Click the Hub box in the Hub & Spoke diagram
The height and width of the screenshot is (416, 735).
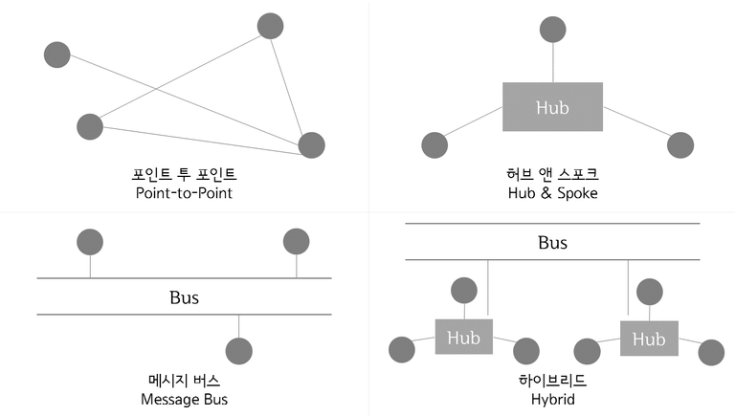[x=552, y=107]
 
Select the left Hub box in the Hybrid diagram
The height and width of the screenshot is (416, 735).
[x=464, y=337]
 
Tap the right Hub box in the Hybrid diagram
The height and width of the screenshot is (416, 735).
[x=649, y=339]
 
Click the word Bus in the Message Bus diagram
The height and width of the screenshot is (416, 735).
[x=184, y=297]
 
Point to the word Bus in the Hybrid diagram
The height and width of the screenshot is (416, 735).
[x=552, y=243]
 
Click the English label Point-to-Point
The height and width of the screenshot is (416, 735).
[x=184, y=193]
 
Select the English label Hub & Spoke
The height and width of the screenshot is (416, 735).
[x=552, y=193]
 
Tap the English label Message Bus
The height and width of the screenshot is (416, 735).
[x=184, y=399]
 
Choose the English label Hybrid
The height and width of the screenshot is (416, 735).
[x=552, y=399]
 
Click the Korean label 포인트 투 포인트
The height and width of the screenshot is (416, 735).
[x=184, y=174]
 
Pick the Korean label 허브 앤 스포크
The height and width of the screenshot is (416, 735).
[x=552, y=174]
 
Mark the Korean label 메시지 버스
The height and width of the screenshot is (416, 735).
[x=184, y=381]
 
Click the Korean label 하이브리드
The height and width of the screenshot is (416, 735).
[x=552, y=381]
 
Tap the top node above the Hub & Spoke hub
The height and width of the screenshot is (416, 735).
[x=552, y=30]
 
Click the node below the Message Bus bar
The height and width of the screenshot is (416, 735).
[x=239, y=351]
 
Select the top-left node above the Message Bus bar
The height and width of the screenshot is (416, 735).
[x=90, y=242]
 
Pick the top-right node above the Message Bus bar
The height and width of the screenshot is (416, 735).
[x=297, y=242]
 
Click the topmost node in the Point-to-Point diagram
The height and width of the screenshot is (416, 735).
[x=271, y=26]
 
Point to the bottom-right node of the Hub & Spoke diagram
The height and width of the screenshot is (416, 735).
[x=680, y=145]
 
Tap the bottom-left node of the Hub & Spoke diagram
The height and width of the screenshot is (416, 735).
[x=434, y=145]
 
